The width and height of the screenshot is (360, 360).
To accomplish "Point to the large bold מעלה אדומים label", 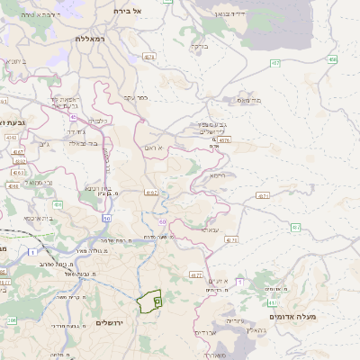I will click(x=293, y=316).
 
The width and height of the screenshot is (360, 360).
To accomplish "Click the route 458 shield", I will click(x=332, y=59).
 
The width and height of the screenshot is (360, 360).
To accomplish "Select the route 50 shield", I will click(x=106, y=218).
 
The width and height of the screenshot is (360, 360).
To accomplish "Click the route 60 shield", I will click(x=163, y=220).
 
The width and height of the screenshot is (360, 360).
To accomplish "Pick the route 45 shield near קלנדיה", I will click(x=73, y=116).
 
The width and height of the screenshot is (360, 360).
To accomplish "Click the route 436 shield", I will click(x=57, y=205).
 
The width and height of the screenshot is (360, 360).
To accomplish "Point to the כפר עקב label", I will click(x=136, y=97).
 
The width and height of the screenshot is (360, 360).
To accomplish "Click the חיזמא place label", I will click(x=217, y=176).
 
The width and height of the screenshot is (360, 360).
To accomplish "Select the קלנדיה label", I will click(x=96, y=119).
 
